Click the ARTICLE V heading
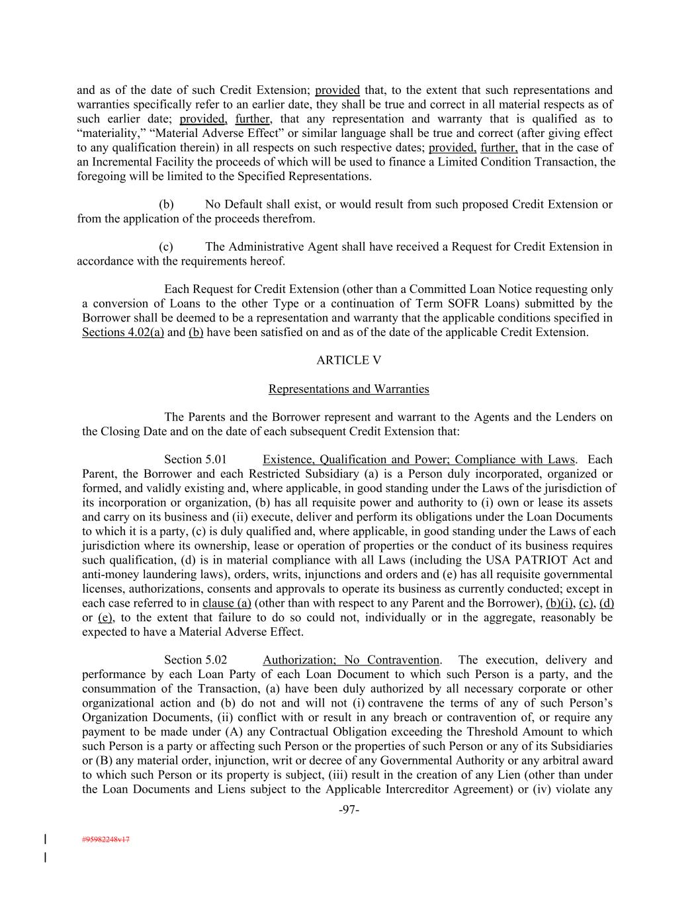349,361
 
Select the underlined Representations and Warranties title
349,389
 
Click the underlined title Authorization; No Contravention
351,660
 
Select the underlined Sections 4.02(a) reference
123,332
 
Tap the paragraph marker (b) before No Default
166,204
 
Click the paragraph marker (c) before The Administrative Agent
166,247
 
